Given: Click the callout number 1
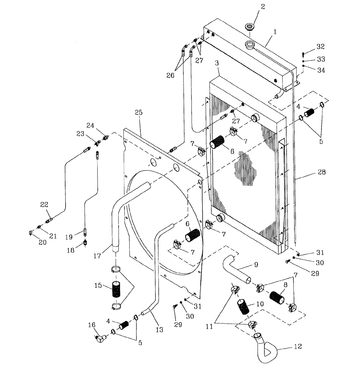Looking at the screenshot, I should [275, 32].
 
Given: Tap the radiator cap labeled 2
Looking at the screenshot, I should [251, 27].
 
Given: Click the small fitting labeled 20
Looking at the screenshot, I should [31, 233].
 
